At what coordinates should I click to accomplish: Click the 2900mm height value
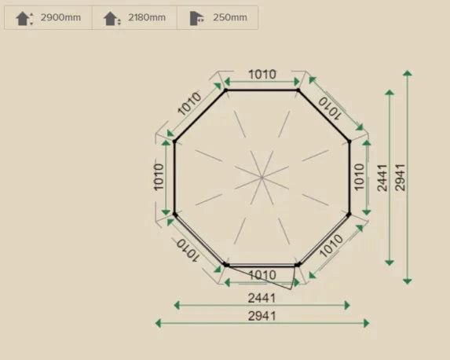click(x=60, y=17)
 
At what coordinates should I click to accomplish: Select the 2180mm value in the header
click(x=147, y=17)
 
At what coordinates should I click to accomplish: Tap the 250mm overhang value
click(x=230, y=17)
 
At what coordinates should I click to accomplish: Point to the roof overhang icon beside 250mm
click(x=197, y=19)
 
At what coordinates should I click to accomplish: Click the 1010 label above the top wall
click(x=262, y=75)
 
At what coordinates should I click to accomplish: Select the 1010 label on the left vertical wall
click(x=159, y=178)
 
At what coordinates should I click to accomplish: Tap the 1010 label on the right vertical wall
click(x=360, y=177)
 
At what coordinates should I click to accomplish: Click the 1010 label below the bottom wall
click(x=262, y=275)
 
